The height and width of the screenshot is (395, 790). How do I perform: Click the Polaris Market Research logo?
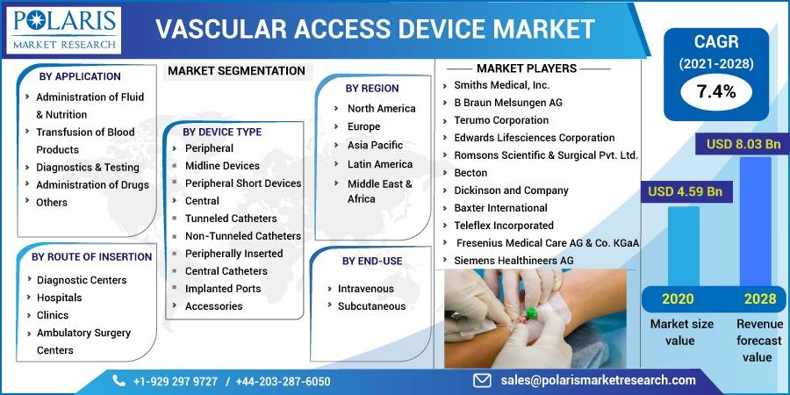pyautogui.click(x=64, y=30)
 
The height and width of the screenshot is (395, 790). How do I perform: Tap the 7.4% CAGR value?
pyautogui.click(x=716, y=91)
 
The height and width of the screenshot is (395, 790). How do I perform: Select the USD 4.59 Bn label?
pyautogui.click(x=686, y=192)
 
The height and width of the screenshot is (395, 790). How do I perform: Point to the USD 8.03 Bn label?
pyautogui.click(x=743, y=145)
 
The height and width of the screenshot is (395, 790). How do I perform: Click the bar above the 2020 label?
pyautogui.click(x=683, y=246)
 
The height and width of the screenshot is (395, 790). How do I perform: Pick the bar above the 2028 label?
pyautogui.click(x=755, y=222)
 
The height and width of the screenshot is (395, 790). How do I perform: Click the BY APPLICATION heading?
pyautogui.click(x=80, y=76)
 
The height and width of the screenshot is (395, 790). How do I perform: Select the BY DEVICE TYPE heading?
pyautogui.click(x=222, y=132)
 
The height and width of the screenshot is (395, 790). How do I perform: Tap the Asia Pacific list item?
pyautogui.click(x=376, y=145)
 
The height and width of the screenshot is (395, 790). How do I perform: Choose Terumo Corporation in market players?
pyautogui.click(x=501, y=120)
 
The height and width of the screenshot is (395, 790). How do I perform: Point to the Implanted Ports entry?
pyautogui.click(x=223, y=289)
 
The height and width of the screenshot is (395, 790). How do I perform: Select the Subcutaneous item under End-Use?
pyautogui.click(x=372, y=306)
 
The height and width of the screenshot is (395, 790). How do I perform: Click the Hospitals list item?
pyautogui.click(x=60, y=298)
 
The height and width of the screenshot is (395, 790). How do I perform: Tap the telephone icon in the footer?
pyautogui.click(x=118, y=380)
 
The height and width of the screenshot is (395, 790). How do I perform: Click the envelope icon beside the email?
pyautogui.click(x=483, y=380)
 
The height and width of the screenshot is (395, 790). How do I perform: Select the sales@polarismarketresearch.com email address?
pyautogui.click(x=598, y=380)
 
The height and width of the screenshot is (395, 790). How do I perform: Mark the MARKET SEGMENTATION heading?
pyautogui.click(x=236, y=71)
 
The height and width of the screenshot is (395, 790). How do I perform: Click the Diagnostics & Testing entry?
pyautogui.click(x=88, y=168)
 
